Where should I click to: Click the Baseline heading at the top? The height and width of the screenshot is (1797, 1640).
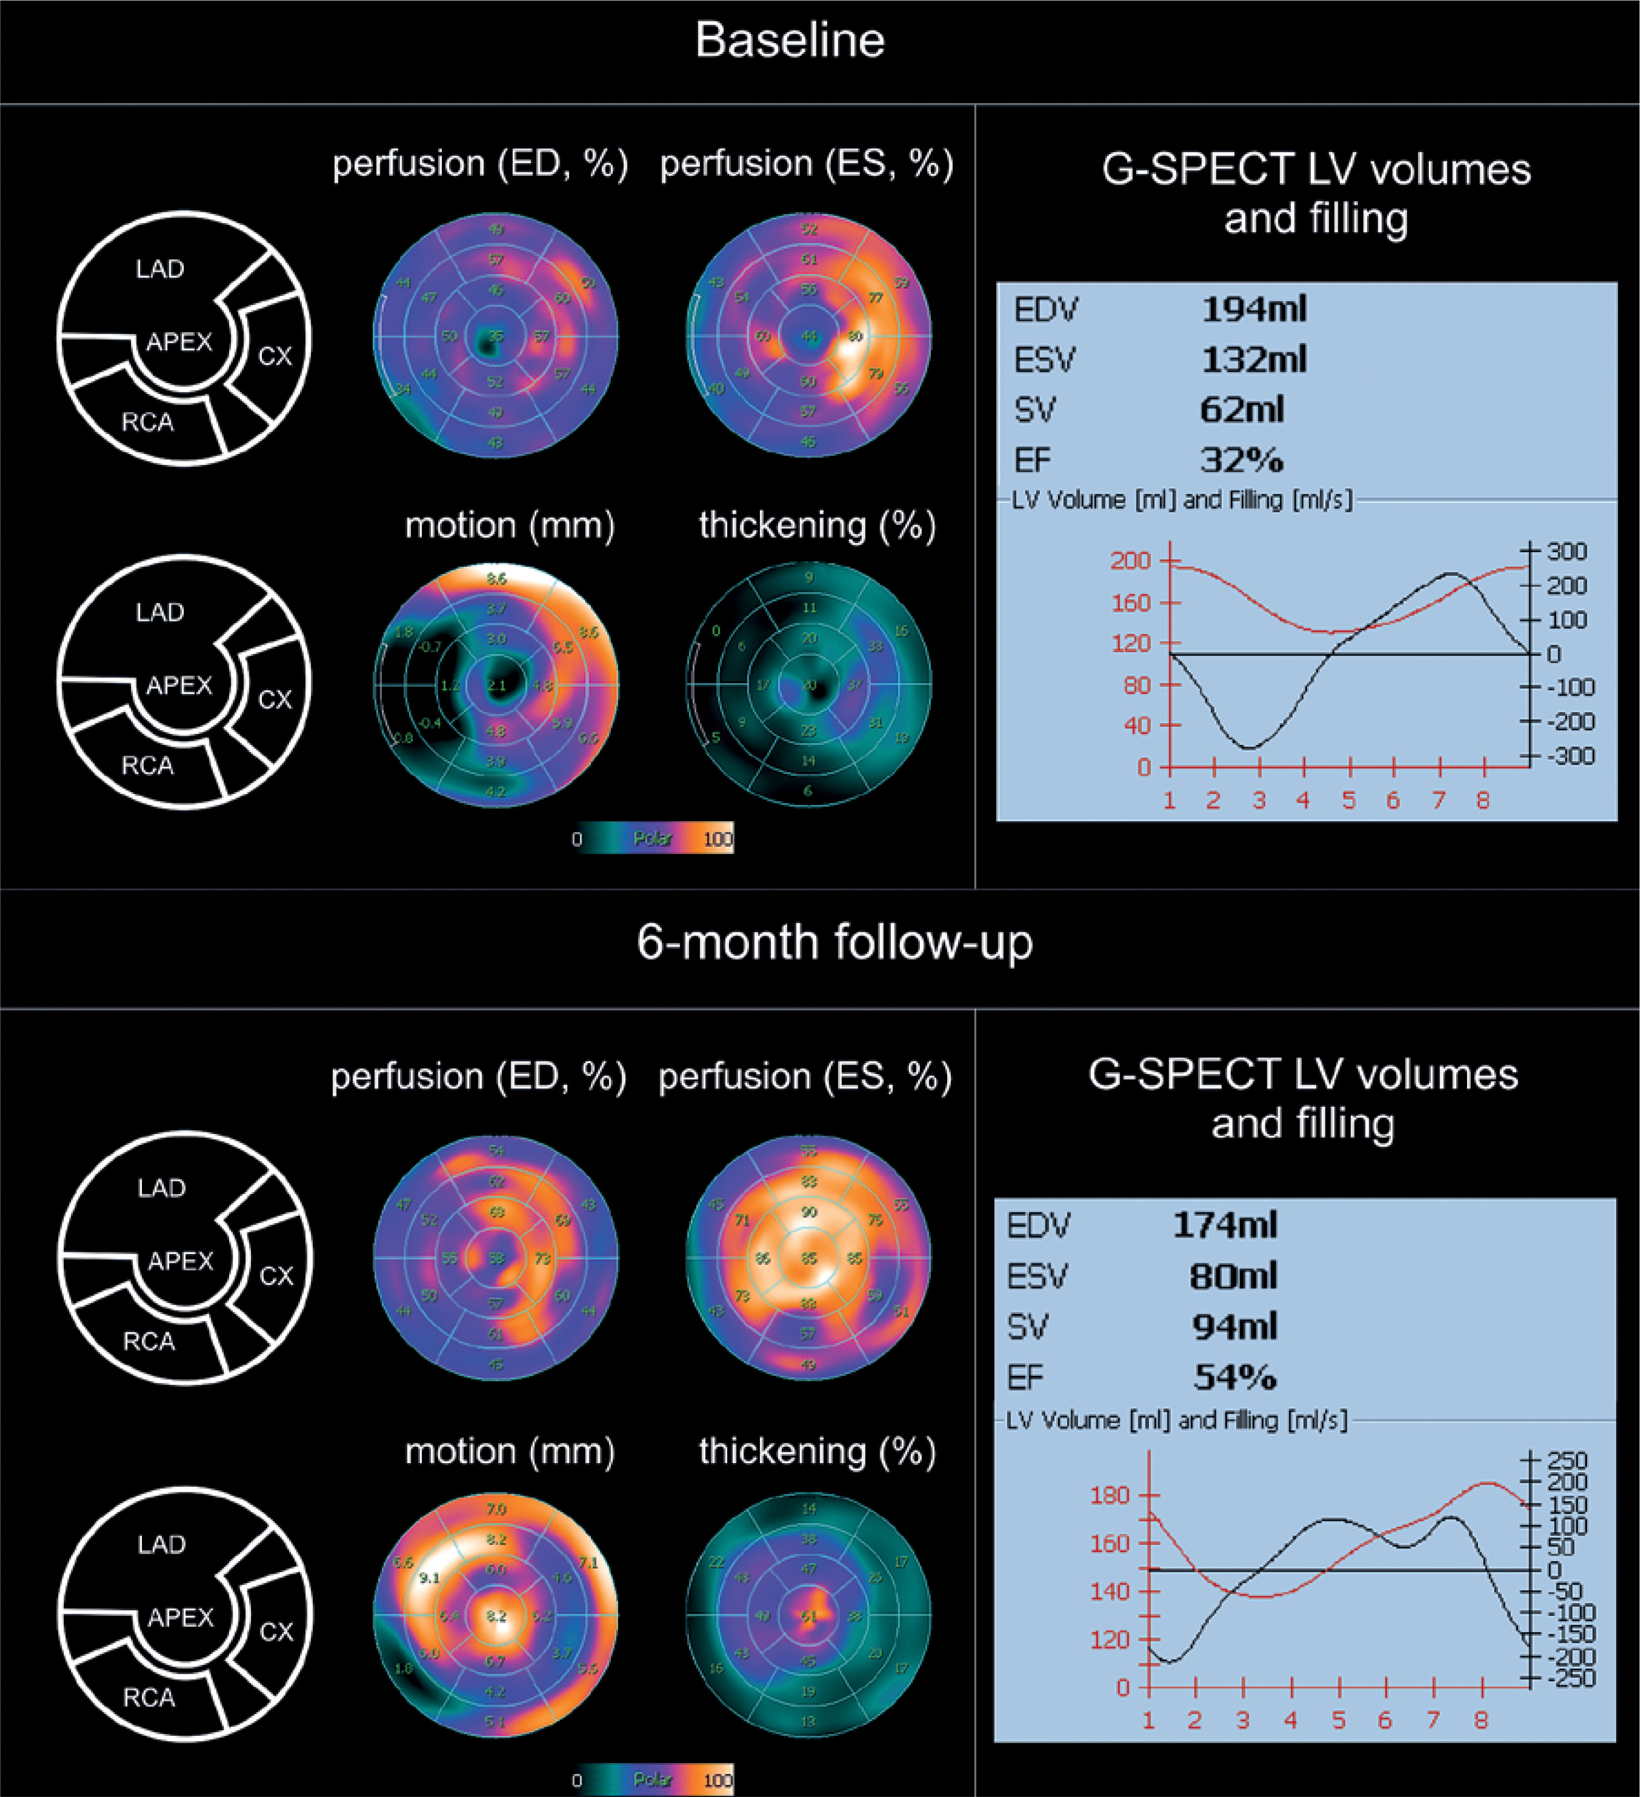(789, 41)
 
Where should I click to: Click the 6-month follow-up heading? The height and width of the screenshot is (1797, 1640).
(834, 942)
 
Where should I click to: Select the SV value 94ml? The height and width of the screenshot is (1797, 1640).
(1235, 1327)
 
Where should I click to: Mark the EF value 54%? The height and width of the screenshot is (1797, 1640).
(1235, 1377)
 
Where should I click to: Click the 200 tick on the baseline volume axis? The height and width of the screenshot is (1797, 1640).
(1130, 560)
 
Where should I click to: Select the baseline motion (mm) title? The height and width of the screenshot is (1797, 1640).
(510, 526)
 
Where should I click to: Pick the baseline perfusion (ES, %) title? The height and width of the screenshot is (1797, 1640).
(806, 164)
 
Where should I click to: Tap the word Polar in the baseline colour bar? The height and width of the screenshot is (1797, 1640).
(653, 838)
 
